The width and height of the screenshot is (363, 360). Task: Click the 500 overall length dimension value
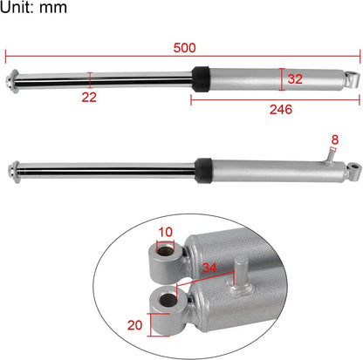pyautogui.click(x=183, y=47)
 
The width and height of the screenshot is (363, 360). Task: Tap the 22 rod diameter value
pyautogui.click(x=89, y=97)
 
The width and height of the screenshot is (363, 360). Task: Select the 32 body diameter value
pyautogui.click(x=295, y=78)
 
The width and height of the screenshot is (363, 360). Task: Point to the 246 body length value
pyautogui.click(x=280, y=110)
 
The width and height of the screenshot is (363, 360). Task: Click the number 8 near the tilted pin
pyautogui.click(x=334, y=139)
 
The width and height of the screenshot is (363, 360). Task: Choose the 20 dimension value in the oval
pyautogui.click(x=134, y=325)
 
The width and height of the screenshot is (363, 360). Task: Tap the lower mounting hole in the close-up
pyautogui.click(x=165, y=303)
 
